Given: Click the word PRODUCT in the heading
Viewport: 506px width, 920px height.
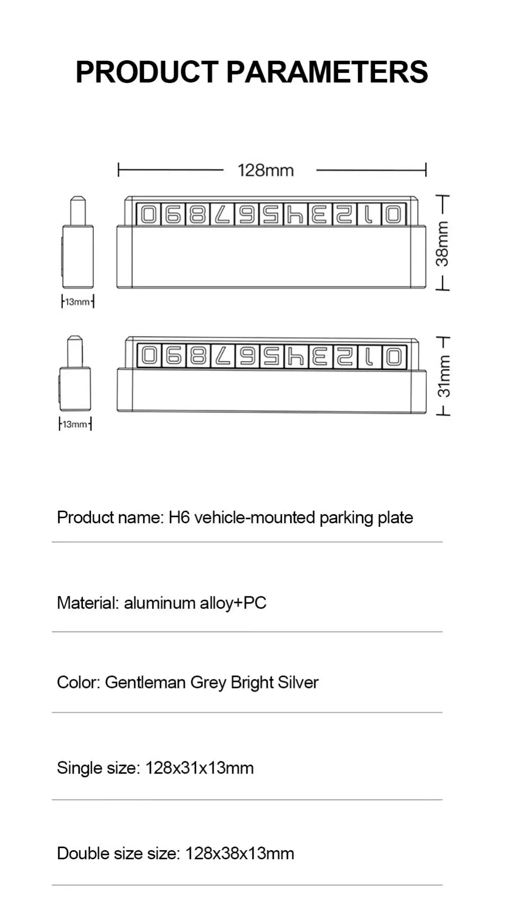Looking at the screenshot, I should (x=147, y=72).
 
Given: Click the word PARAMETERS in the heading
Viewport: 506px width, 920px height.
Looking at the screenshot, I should (x=327, y=72).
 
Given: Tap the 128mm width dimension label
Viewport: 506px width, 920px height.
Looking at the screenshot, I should (x=266, y=171).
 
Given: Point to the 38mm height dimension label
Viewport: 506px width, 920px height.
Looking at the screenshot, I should (x=442, y=244).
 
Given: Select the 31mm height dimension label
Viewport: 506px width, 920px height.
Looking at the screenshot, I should (x=443, y=376).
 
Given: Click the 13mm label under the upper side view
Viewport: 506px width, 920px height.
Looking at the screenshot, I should (x=77, y=302).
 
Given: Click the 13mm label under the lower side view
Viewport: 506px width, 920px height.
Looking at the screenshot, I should (x=75, y=424).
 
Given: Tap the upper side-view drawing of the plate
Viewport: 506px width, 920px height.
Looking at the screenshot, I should (x=78, y=244).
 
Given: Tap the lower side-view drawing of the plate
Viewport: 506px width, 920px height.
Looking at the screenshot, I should (x=75, y=375).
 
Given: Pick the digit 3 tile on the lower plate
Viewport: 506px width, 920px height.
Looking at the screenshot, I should (x=320, y=357).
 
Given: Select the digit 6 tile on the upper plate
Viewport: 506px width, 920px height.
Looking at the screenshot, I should (x=247, y=215).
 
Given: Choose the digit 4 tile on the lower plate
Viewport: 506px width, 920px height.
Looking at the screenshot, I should (x=296, y=357).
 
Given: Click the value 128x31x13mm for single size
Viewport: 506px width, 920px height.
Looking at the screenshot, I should (x=199, y=768).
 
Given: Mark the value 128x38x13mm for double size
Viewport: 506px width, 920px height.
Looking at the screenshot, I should (x=239, y=853).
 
